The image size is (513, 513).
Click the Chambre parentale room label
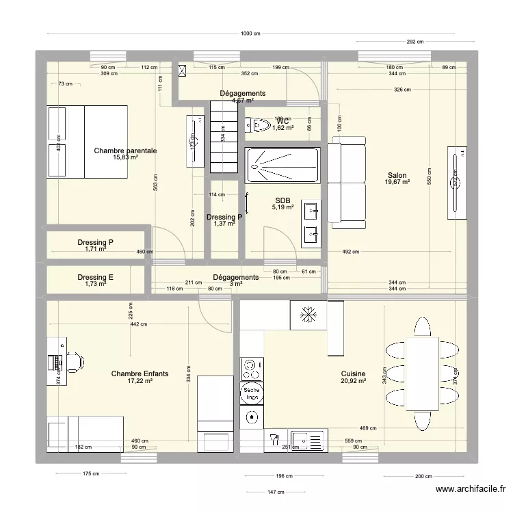[125, 150]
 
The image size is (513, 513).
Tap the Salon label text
[397, 174]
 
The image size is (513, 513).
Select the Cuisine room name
[354, 373]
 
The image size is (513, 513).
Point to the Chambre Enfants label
[140, 374]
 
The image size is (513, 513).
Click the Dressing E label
[96, 277]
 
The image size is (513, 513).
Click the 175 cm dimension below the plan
[91, 473]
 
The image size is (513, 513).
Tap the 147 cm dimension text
[276, 492]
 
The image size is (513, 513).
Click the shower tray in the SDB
[282, 166]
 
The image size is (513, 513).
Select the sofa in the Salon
[347, 182]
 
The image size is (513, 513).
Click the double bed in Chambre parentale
[87, 142]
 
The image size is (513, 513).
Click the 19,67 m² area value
[397, 183]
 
